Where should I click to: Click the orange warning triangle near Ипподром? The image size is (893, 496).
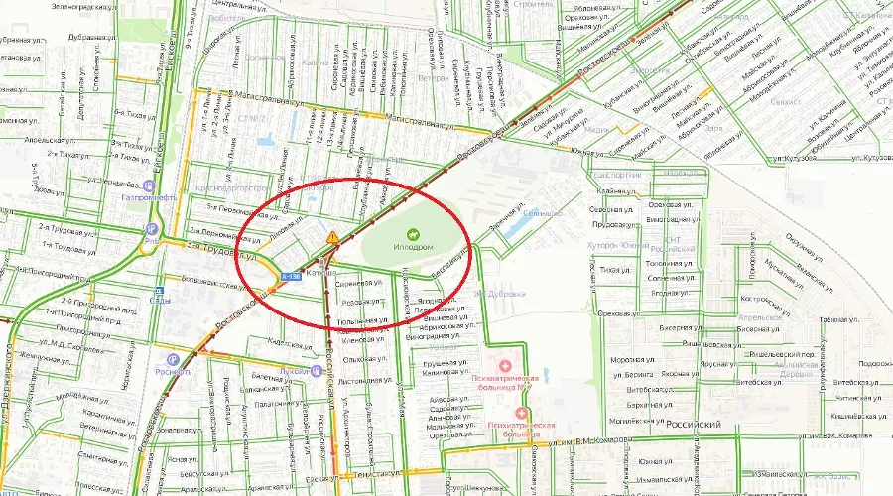pyautogui.click(x=333, y=237)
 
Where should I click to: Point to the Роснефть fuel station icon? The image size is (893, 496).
pyautogui.click(x=175, y=359)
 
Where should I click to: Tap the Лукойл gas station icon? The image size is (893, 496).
pyautogui.click(x=317, y=371)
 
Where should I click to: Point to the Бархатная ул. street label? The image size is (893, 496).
pyautogui.click(x=632, y=405)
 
